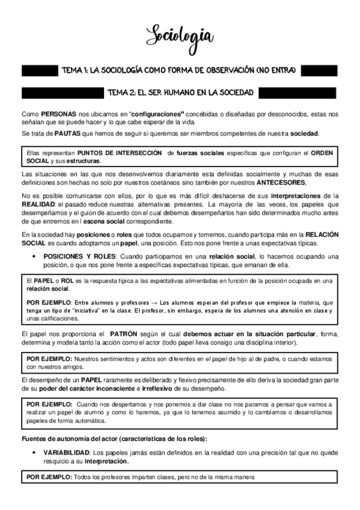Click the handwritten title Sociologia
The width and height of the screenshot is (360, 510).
(180, 35)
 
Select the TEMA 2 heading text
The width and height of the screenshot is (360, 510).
(178, 93)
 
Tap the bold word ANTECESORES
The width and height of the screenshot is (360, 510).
(280, 183)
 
